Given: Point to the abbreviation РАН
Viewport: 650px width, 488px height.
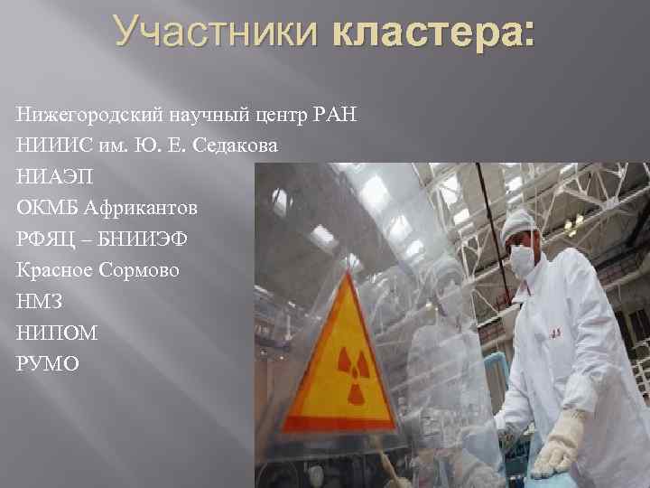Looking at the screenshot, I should point(337,115).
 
